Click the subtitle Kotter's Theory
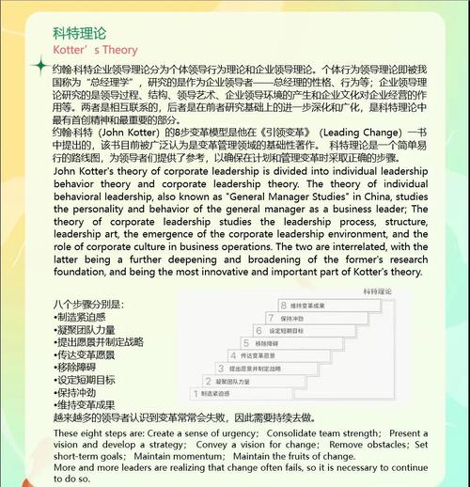pos(95,50)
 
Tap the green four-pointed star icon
pos(39,67)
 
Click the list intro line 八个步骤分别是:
pos(89,306)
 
